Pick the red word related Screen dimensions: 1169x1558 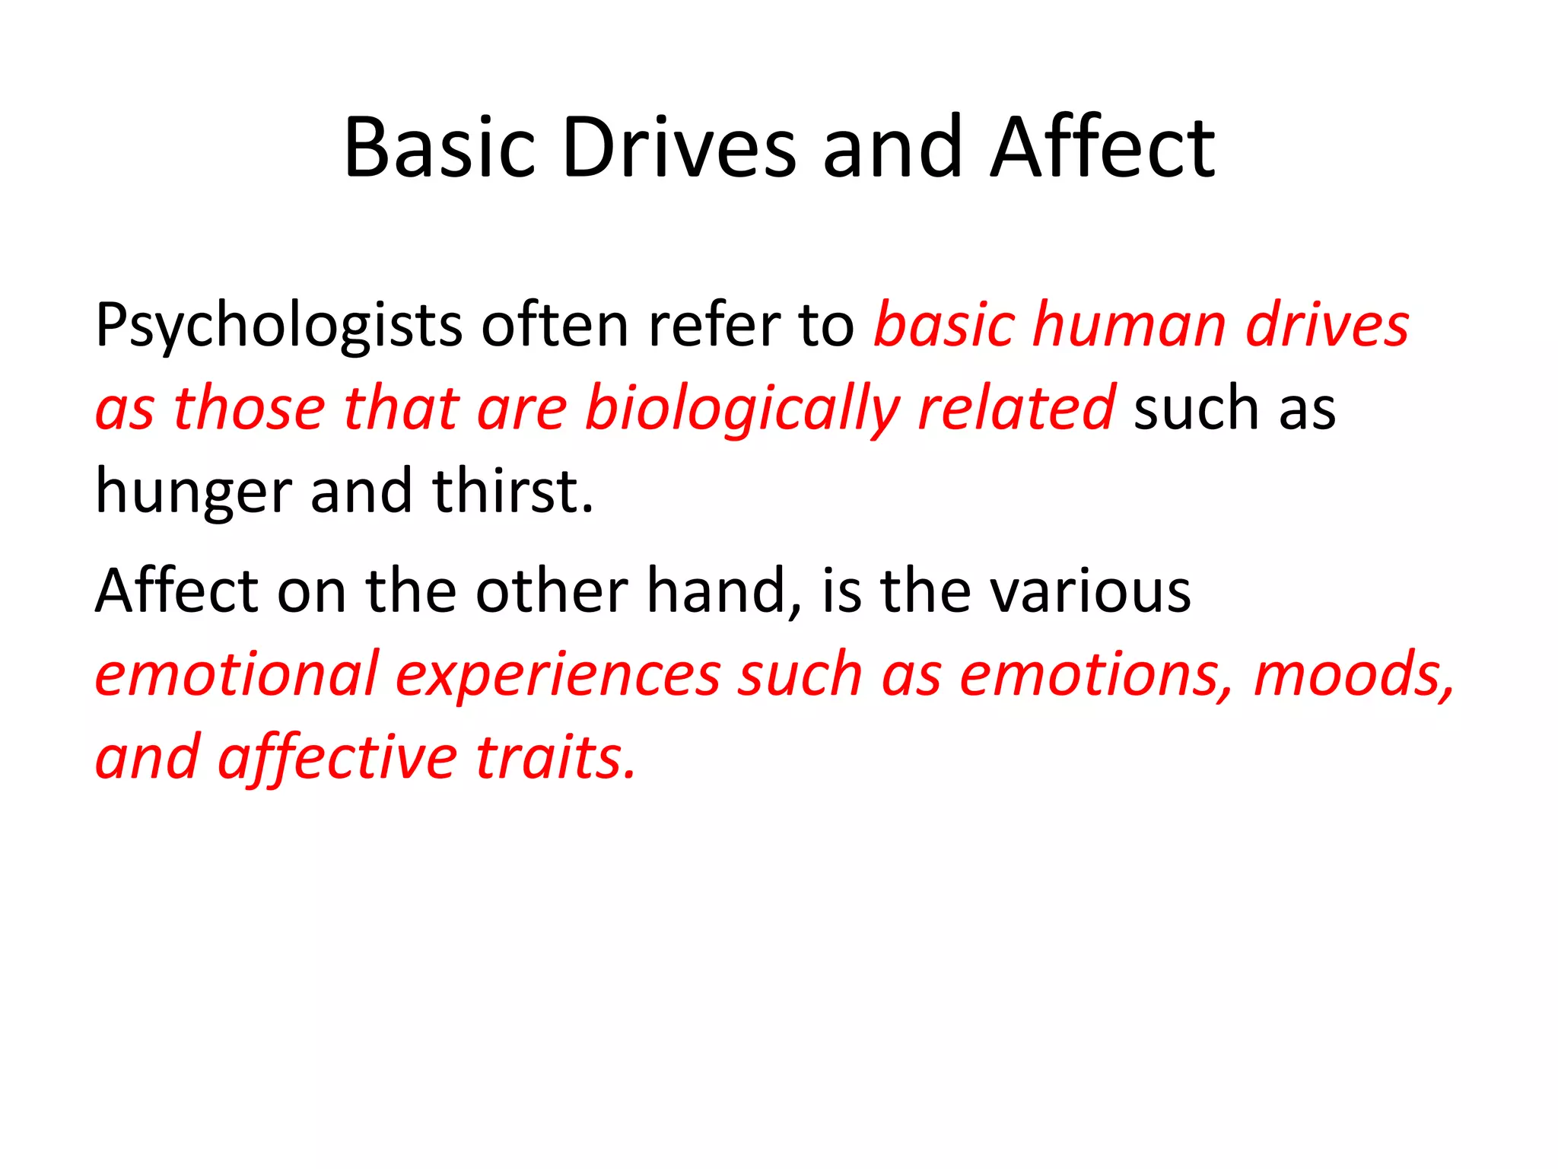tap(1016, 408)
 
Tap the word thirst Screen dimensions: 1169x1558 tap(512, 491)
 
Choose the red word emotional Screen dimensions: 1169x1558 tap(236, 674)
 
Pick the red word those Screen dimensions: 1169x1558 tap(249, 408)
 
